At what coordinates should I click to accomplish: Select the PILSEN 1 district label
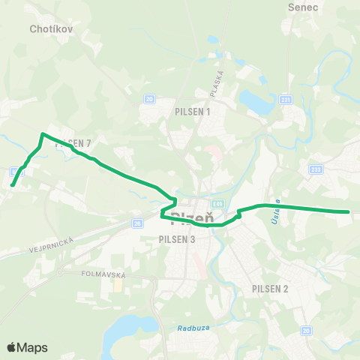pos(193,112)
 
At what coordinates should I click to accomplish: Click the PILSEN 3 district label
pos(177,239)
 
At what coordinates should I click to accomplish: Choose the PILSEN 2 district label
pos(271,289)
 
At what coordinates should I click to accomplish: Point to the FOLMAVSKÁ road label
pos(102,274)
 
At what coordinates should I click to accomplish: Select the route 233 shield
pos(315,169)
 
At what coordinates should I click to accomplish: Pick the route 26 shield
pos(137,223)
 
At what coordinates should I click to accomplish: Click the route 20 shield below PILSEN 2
pos(305,330)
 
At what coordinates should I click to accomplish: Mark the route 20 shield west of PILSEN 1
pos(149,98)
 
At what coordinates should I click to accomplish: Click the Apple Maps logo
pos(26,347)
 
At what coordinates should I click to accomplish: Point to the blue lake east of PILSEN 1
pos(255,100)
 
